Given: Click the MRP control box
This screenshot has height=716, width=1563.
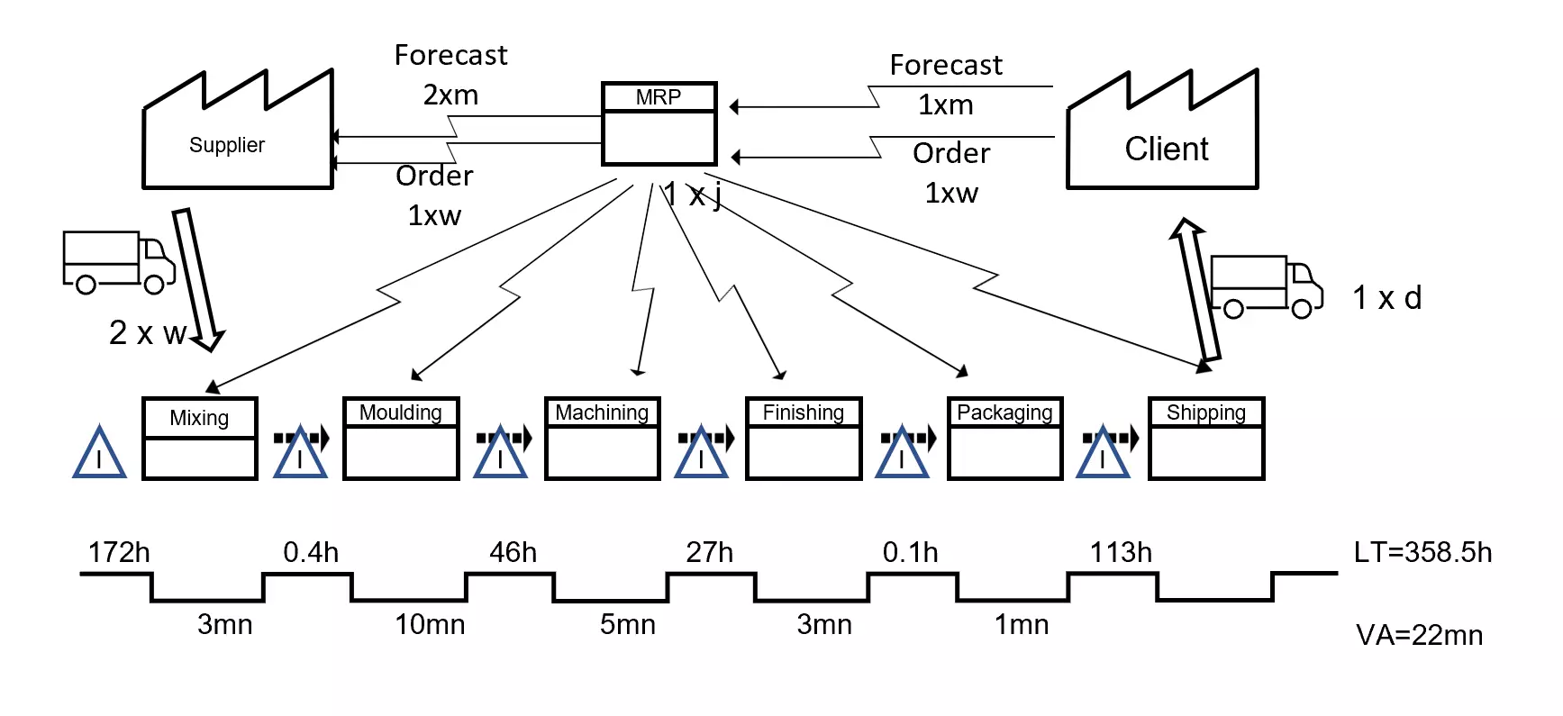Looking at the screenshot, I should pos(659,124).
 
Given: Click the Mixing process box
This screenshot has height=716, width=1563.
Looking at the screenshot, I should pos(200,439).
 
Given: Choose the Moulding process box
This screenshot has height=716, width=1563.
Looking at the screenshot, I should pos(401,439).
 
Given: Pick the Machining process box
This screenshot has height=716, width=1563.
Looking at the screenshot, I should pos(602,439).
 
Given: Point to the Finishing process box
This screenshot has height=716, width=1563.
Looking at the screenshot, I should pos(804,439).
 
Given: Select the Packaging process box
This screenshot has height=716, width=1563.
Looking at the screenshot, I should pos(1004,439).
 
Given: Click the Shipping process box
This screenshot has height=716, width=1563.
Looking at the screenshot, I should pos(1206,439).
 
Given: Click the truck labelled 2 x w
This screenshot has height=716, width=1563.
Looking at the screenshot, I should pos(118,262).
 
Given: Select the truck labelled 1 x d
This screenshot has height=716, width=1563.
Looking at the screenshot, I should pos(1266,286).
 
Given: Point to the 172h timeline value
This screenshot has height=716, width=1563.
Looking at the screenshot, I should pos(119,552).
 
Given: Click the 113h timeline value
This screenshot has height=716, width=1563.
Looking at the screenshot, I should pos(1121,552).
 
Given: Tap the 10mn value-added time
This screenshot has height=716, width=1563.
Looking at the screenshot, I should pos(430,624).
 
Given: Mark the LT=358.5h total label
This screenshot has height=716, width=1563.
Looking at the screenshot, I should pos(1422,552).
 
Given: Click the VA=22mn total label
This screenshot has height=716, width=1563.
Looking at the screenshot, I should pos(1419,635).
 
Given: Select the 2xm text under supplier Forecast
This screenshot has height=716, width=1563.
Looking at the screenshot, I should pos(450,95).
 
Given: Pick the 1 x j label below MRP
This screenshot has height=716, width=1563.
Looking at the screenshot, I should pos(692,195).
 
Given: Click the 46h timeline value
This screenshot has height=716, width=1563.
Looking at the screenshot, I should pos(513,552).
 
